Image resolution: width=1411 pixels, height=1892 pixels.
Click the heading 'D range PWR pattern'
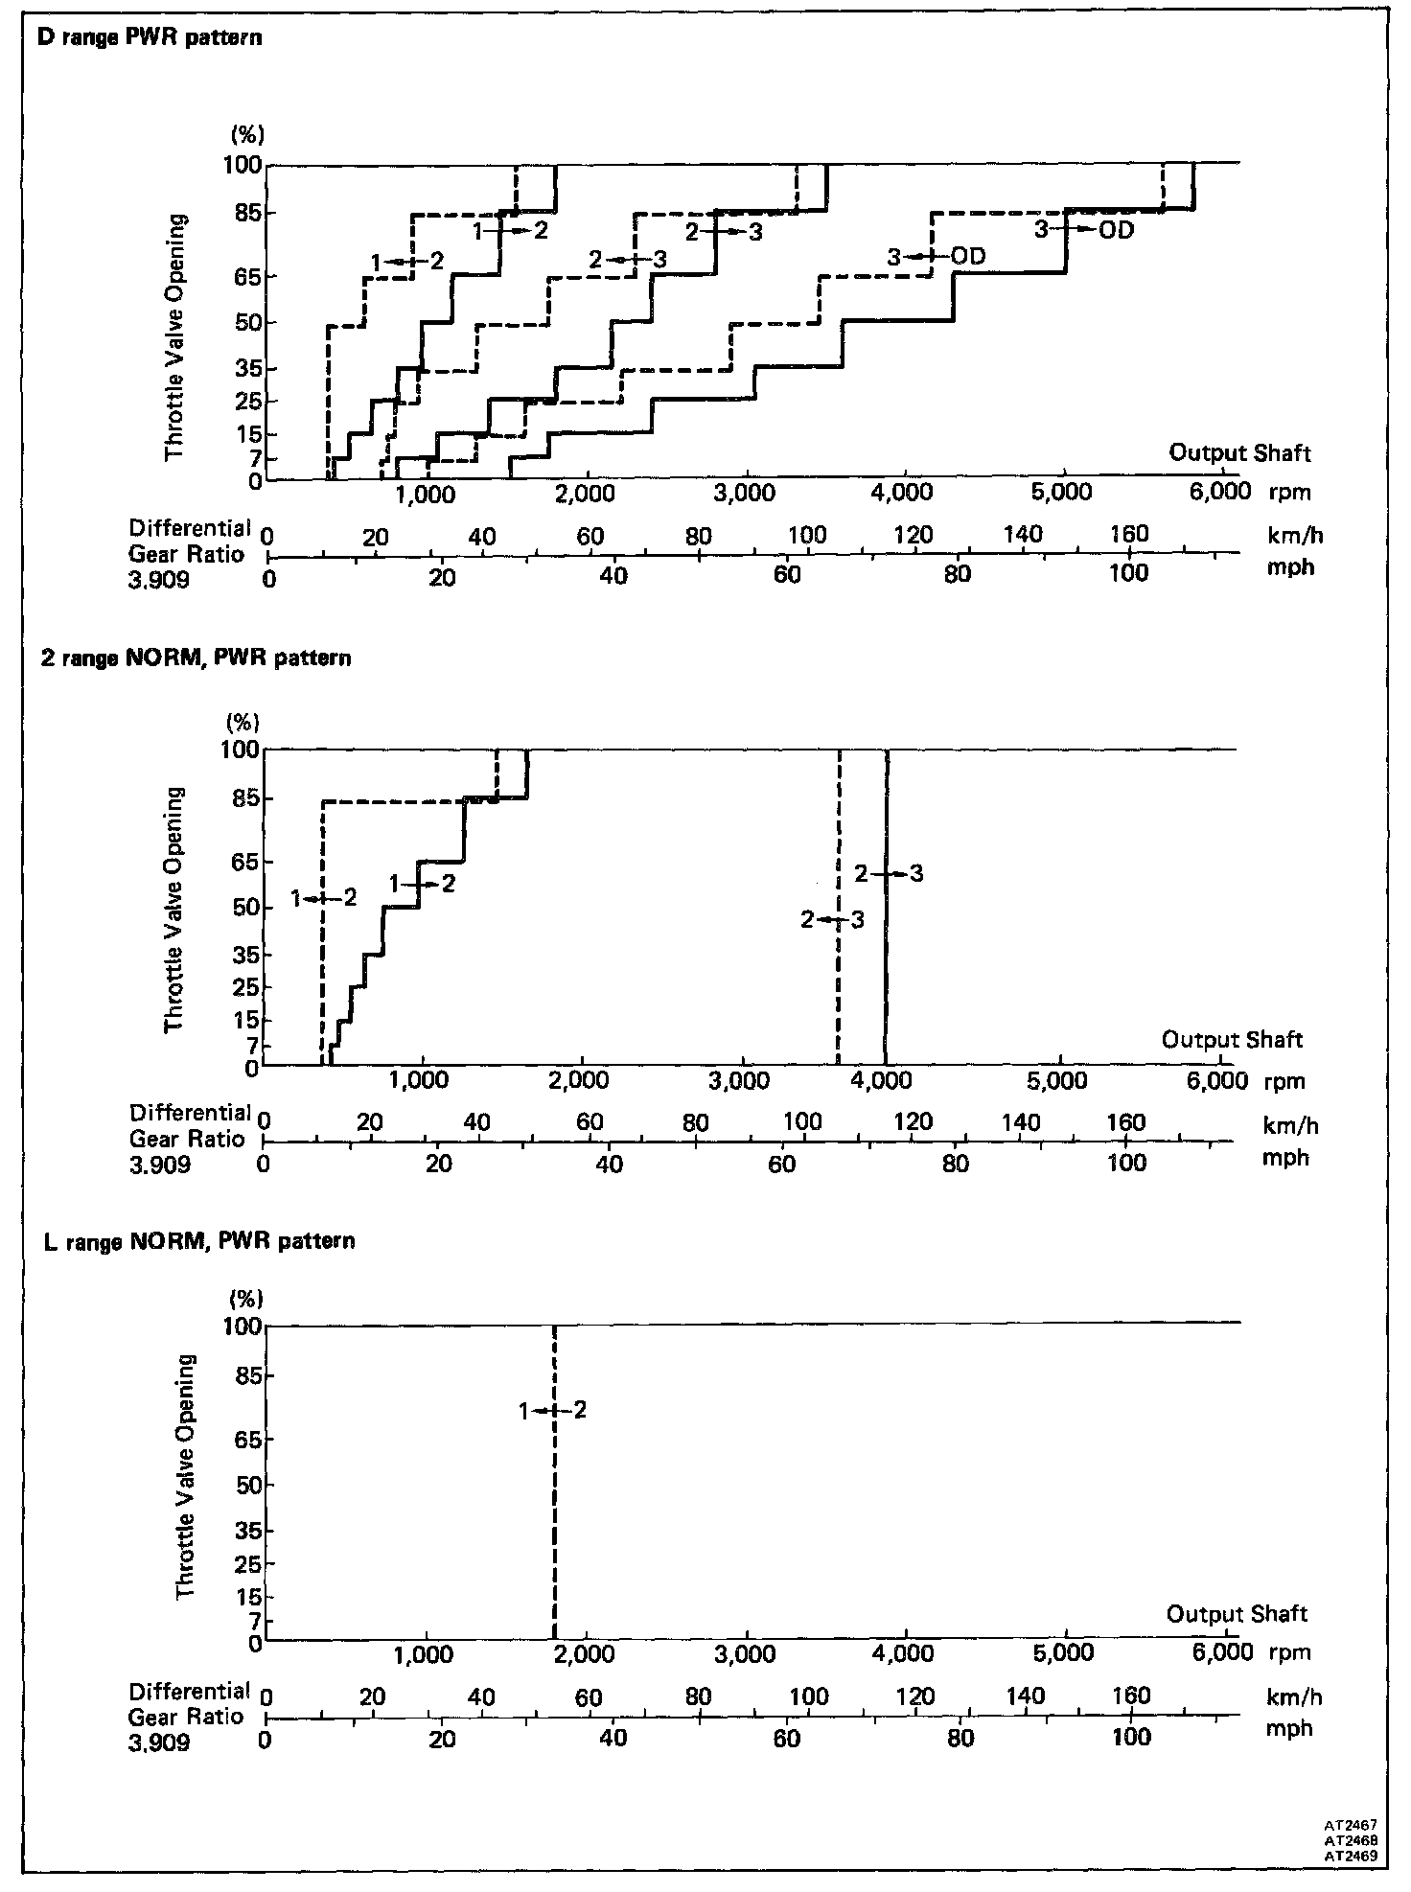coord(149,39)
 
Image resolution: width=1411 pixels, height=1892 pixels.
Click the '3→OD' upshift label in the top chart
coord(1084,230)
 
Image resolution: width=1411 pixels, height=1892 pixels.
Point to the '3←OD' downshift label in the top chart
coord(936,257)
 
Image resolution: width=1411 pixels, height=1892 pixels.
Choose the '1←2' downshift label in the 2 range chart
coord(323,898)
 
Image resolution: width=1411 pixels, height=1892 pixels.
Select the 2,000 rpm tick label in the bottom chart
coord(584,1653)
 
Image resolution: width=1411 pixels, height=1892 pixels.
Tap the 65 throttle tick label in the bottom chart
coord(243,1439)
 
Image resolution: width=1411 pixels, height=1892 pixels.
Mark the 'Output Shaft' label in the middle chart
coord(1232,1039)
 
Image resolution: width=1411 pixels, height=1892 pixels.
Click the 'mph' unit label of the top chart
coord(1289,567)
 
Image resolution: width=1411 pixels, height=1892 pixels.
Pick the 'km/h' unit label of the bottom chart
coord(1294,1697)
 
